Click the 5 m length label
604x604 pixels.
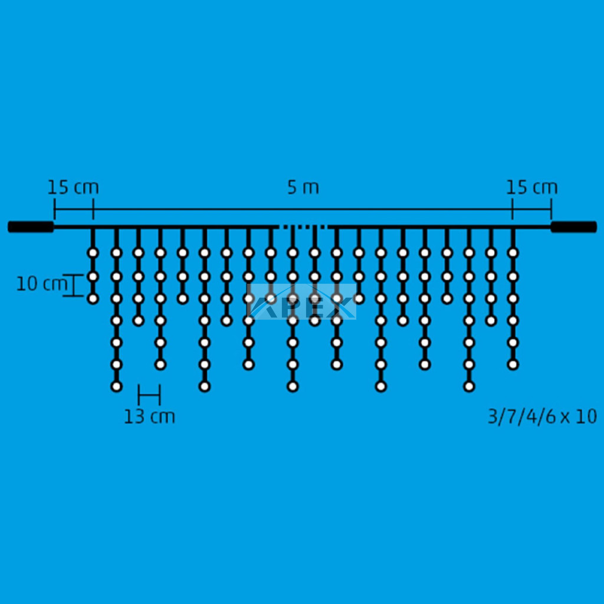(303, 188)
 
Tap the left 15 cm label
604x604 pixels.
(73, 188)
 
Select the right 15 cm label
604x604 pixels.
(531, 188)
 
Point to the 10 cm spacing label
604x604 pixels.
(42, 284)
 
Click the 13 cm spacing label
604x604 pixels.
(149, 417)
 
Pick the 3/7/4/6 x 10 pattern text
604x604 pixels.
(543, 417)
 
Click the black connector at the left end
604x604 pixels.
(31, 227)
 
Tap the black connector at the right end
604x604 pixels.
(573, 227)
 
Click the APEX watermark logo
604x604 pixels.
(301, 301)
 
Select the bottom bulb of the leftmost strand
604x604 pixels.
(93, 298)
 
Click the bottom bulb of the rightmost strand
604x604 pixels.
(513, 365)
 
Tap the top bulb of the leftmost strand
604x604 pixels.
(93, 253)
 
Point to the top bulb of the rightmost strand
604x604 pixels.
(513, 253)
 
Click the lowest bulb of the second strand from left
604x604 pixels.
(116, 386)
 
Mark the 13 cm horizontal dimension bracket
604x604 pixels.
(149, 395)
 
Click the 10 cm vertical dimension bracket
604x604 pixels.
(73, 285)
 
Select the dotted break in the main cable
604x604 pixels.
(303, 227)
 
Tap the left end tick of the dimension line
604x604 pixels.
(55, 209)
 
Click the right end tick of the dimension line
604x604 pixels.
(552, 209)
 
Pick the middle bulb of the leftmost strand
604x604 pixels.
(93, 277)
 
